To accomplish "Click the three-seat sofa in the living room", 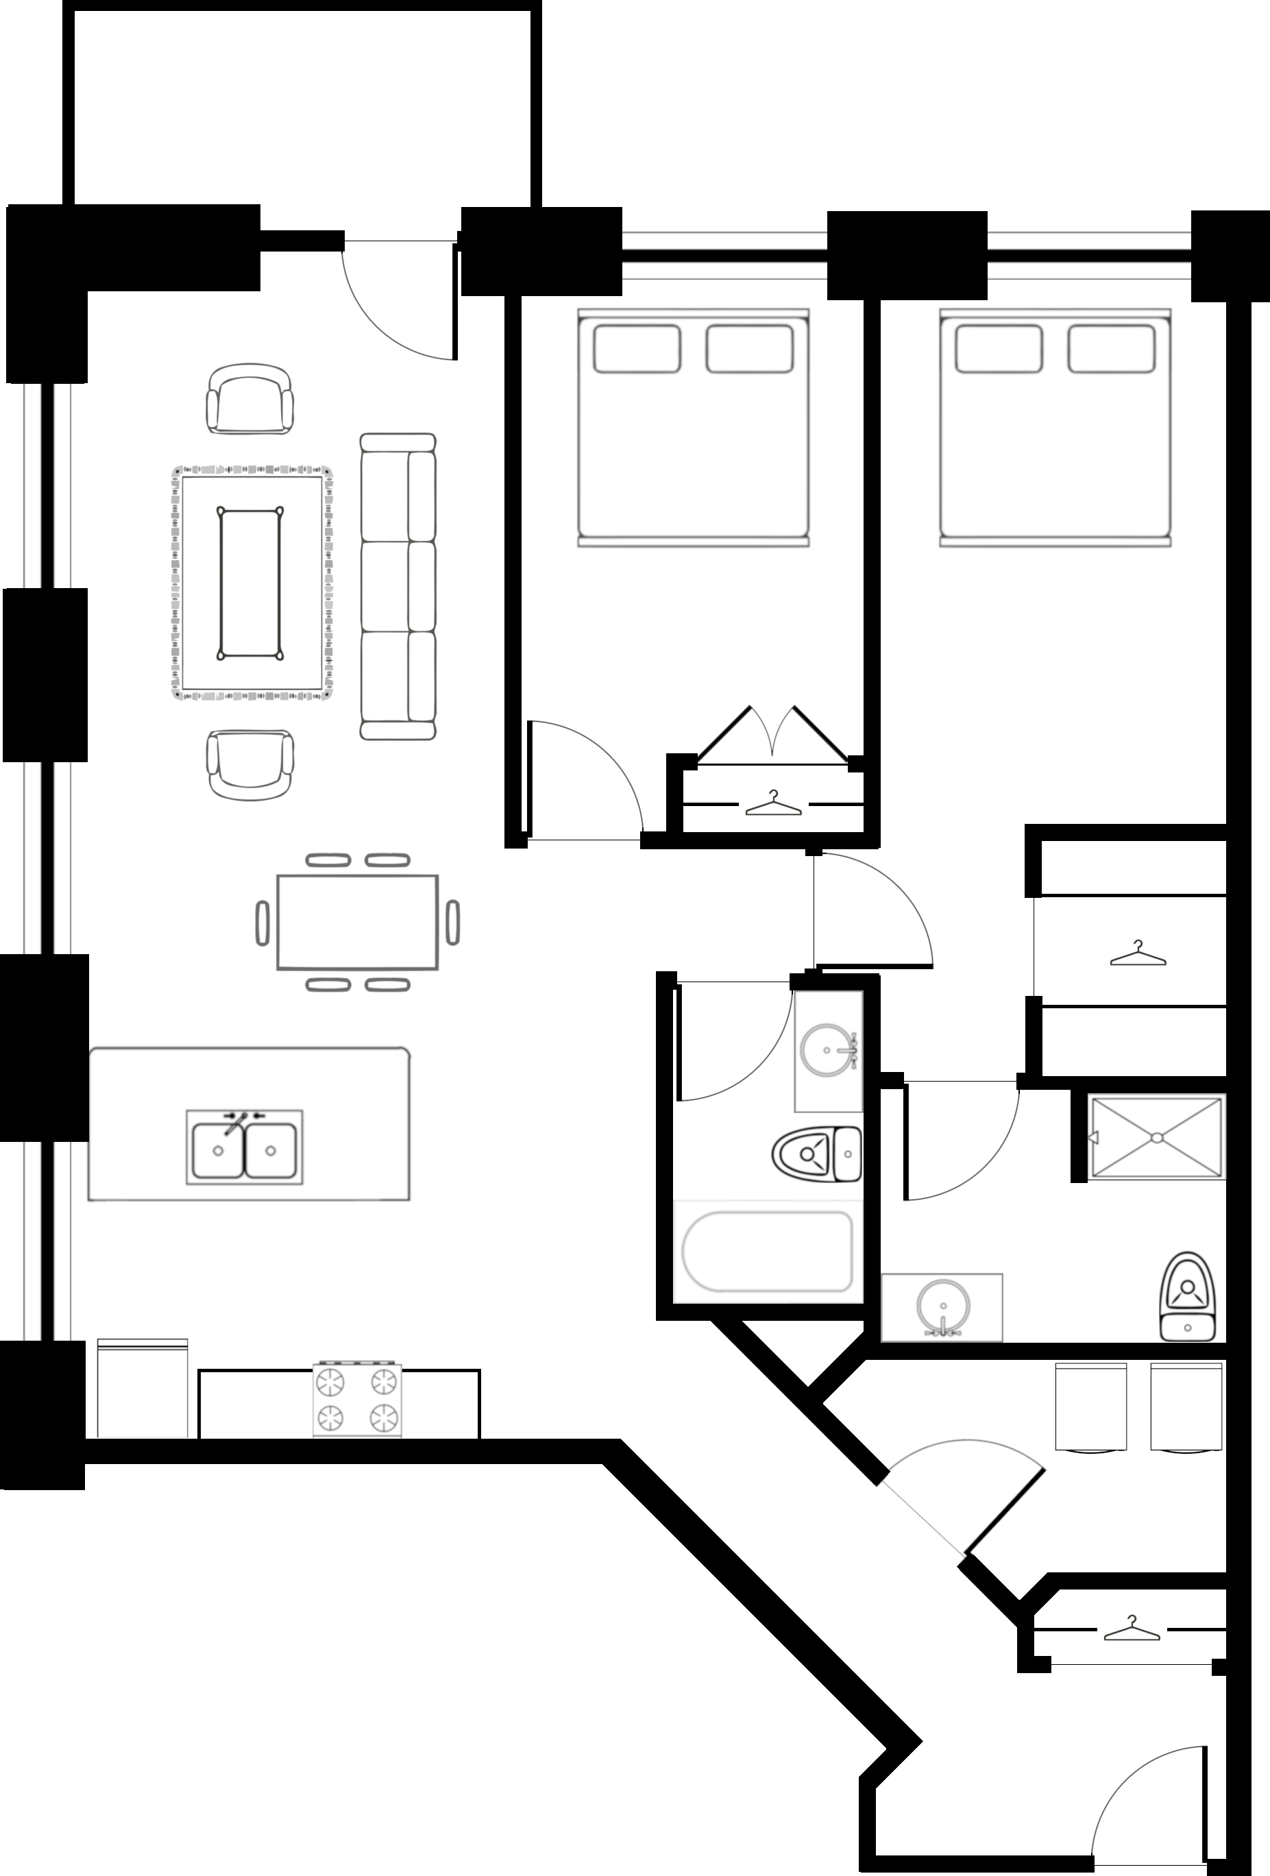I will pyautogui.click(x=398, y=587).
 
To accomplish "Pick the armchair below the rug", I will pyautogui.click(x=250, y=764).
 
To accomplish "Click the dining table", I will pyautogui.click(x=357, y=922).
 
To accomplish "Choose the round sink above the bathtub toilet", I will pyautogui.click(x=827, y=1050).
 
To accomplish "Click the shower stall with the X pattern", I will pyautogui.click(x=1156, y=1136).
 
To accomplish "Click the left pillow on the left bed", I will pyautogui.click(x=636, y=349).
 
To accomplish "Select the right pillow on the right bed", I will pyautogui.click(x=1110, y=349).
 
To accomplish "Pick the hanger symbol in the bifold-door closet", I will pyautogui.click(x=772, y=803).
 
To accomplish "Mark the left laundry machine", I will pyautogui.click(x=1090, y=1407).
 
